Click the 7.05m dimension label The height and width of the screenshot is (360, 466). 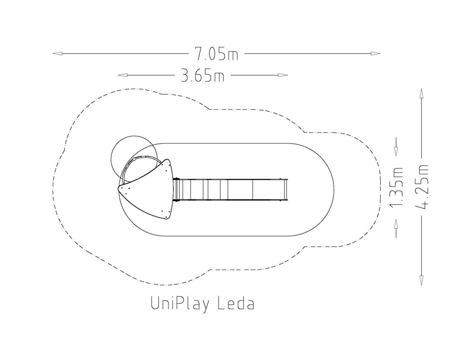click(216, 54)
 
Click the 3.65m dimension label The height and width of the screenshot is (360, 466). click(203, 75)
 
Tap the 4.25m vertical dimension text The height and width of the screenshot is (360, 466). click(422, 187)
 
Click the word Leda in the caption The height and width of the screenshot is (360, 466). click(236, 304)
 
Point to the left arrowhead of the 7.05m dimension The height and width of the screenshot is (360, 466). click(57, 54)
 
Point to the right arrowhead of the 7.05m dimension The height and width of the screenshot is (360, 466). click(375, 54)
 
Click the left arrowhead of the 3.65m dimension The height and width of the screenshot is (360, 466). click(123, 75)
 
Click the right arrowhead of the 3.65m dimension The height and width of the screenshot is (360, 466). click(283, 75)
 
